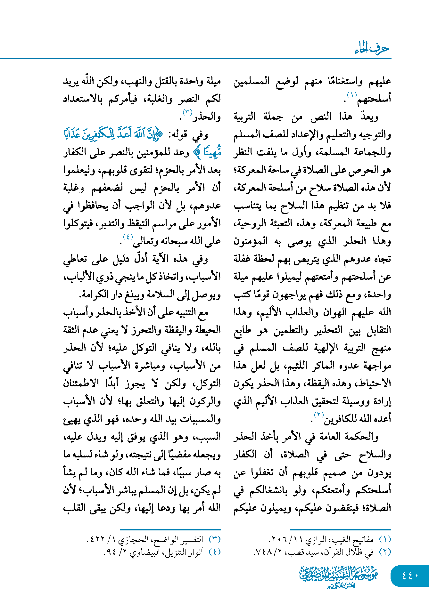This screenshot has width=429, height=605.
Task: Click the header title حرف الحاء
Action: pos(372,49)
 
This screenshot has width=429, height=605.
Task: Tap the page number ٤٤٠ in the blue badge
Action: pos(410,575)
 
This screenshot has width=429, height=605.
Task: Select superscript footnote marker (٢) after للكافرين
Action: pos(319,415)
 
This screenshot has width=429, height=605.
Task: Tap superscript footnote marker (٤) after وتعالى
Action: pos(128,237)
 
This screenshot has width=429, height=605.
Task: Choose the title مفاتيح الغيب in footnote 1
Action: pos(356,540)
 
